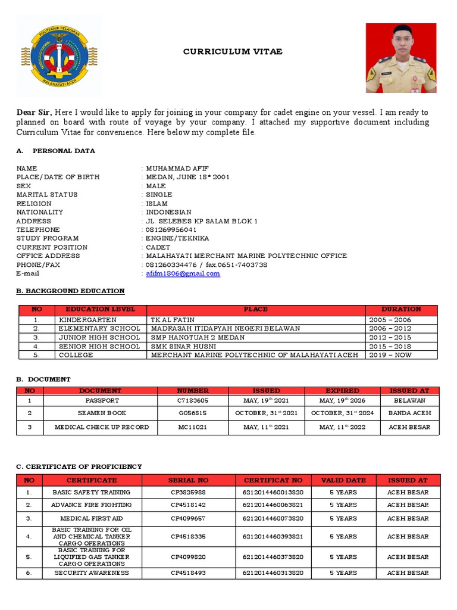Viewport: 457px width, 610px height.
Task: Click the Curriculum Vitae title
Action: point(233,52)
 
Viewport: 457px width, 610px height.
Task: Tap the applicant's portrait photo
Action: point(400,58)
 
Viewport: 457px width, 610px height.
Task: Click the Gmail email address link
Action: point(183,274)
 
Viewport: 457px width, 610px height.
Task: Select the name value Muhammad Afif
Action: point(177,169)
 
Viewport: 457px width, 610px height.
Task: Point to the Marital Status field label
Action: point(47,195)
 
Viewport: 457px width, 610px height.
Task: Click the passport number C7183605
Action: point(193,401)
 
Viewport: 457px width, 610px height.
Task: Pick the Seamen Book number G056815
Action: point(193,413)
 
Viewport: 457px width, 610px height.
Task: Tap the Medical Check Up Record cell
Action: point(101,427)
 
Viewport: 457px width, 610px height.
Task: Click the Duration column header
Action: point(401,310)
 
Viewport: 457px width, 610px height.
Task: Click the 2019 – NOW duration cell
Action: point(390,355)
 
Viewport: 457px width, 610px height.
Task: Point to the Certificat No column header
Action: point(273,480)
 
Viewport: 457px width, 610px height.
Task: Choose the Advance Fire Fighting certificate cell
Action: point(92,505)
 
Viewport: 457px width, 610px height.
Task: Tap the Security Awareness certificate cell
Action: point(92,573)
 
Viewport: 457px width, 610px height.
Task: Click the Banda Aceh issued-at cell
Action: point(409,413)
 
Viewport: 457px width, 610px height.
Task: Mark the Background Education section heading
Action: point(70,291)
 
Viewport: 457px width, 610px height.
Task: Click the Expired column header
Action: point(342,391)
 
